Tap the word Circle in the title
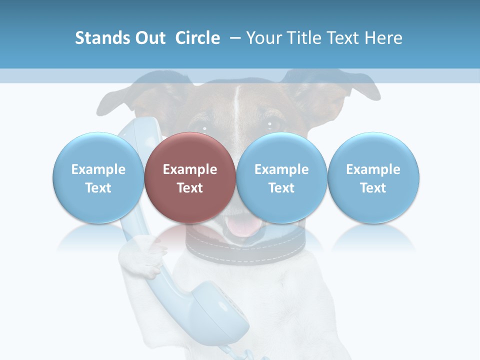(197, 38)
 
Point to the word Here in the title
(383, 38)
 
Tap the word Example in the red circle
(189, 169)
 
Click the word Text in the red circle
(189, 188)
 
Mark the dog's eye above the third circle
(272, 123)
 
